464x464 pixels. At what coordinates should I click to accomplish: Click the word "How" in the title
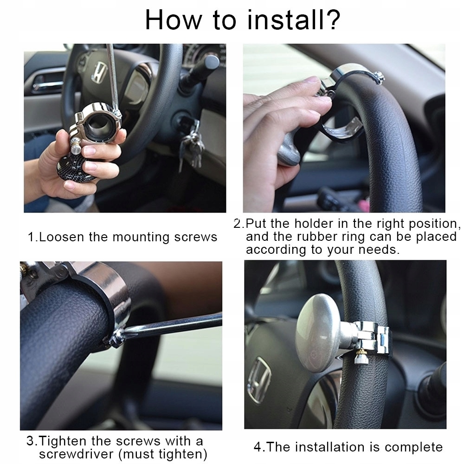[174, 19]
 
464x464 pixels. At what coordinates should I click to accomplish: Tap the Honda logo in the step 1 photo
[99, 72]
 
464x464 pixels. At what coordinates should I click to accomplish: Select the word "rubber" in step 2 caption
[317, 237]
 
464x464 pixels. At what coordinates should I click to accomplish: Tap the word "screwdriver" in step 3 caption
[76, 454]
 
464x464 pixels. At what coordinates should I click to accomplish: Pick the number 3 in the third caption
[30, 441]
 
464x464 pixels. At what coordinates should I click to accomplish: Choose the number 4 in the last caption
[258, 447]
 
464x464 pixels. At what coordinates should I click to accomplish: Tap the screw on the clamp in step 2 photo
[379, 77]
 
